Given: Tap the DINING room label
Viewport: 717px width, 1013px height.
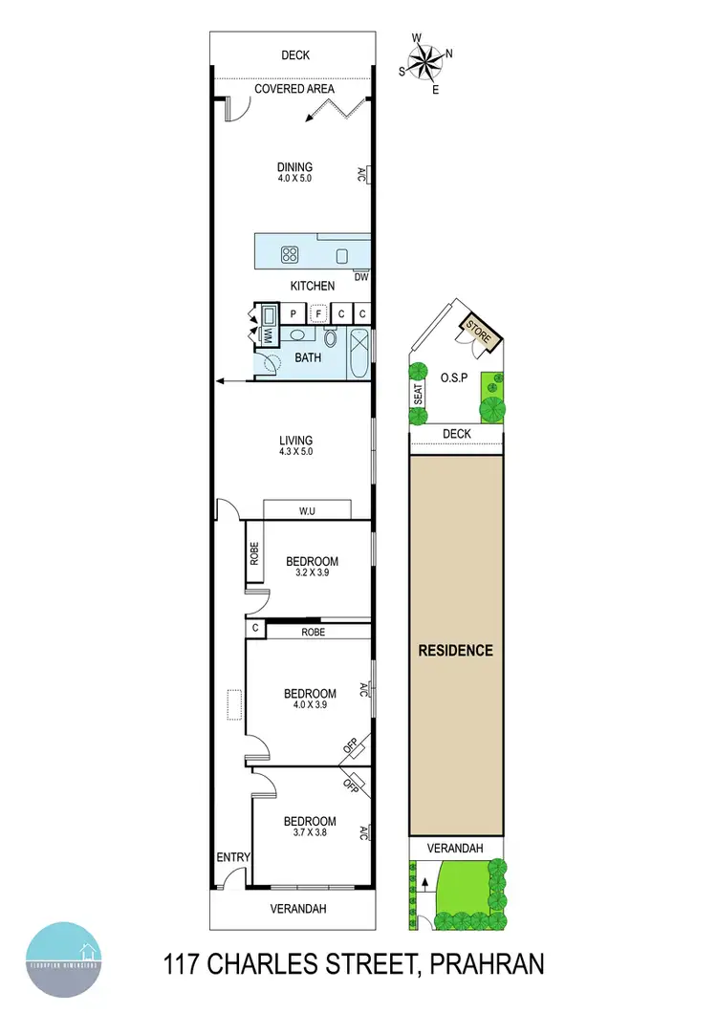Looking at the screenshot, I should [x=295, y=168].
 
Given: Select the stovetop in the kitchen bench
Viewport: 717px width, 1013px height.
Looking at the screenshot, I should [x=290, y=254].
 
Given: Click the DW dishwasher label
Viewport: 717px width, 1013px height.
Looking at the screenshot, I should [x=360, y=278].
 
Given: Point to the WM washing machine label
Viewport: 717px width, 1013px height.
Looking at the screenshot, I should [x=269, y=336].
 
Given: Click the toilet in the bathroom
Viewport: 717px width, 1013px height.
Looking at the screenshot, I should [x=331, y=337].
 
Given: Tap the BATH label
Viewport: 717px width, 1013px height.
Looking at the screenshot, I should [x=308, y=359].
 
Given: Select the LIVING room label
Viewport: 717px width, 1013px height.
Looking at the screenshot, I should [x=295, y=441].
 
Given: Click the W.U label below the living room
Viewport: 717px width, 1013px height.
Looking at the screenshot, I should [x=307, y=512].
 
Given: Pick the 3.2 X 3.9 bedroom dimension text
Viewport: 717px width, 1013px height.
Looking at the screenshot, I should [x=312, y=574].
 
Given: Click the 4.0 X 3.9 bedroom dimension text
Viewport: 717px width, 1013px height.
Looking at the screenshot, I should [x=311, y=706].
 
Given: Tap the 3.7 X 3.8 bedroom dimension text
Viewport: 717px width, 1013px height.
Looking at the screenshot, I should [x=311, y=834].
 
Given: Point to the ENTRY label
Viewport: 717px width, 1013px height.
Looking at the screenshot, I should [x=232, y=857].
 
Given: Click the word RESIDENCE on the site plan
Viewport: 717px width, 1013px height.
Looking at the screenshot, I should [x=456, y=650].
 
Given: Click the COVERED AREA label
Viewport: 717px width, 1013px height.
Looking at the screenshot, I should [x=294, y=89].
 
